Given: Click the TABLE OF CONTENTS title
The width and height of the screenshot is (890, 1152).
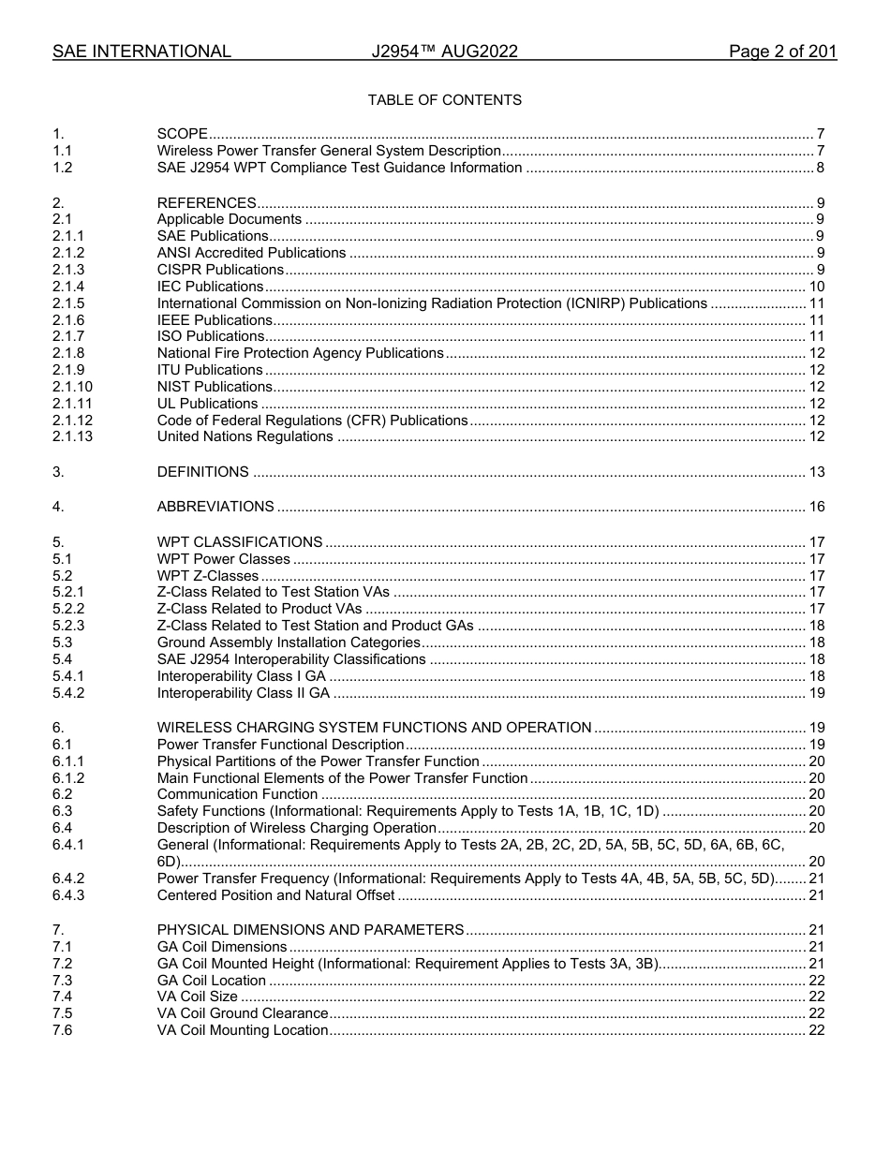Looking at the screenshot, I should click(444, 100).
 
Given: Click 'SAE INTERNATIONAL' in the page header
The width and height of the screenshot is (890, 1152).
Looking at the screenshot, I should click(141, 52).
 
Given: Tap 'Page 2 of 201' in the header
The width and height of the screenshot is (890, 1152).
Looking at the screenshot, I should click(782, 52).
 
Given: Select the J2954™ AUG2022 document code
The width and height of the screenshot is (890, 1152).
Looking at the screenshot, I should click(444, 52).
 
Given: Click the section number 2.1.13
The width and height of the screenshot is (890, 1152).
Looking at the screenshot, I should click(73, 436).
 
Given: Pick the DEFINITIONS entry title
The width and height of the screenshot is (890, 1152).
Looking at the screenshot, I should click(202, 472).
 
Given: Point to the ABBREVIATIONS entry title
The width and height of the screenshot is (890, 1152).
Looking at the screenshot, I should click(215, 507).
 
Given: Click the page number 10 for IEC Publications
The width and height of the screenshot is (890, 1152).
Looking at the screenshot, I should click(816, 287).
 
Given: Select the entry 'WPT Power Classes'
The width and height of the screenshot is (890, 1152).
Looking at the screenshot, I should click(223, 559).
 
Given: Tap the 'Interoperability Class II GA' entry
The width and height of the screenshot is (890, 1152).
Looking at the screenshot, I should click(244, 693).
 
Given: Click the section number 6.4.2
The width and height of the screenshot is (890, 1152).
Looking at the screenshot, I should click(68, 879).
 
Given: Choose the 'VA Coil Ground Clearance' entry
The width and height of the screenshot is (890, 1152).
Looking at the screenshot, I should click(243, 1013).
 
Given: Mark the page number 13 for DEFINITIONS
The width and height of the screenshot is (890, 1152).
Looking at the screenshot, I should click(816, 472).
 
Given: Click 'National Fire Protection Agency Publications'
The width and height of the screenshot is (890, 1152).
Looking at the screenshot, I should click(300, 353).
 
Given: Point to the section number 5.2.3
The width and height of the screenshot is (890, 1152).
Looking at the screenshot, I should click(68, 626).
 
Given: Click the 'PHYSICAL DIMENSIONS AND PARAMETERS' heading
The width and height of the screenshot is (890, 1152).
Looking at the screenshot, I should click(310, 930).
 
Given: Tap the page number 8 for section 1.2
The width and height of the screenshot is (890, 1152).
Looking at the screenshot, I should click(820, 168).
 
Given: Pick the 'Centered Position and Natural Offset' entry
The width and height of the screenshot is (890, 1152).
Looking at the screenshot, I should click(275, 895).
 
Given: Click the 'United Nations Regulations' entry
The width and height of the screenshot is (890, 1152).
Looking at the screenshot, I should click(245, 436).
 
